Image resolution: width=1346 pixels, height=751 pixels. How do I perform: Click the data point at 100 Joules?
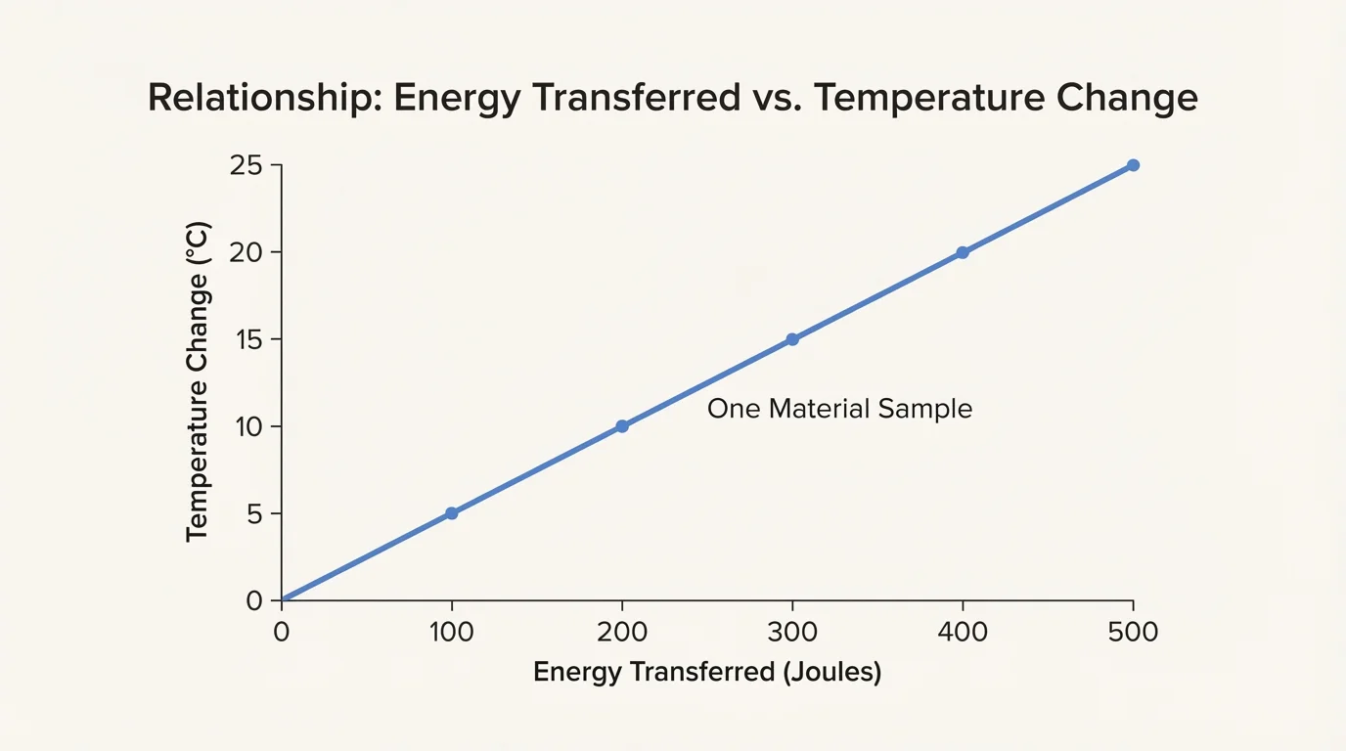[451, 513]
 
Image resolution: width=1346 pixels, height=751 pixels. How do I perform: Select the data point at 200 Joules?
[622, 426]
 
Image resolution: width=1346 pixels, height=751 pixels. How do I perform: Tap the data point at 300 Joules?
[792, 339]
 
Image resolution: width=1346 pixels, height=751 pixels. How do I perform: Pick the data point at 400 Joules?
[963, 252]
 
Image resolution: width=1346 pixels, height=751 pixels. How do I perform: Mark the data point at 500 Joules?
[1133, 165]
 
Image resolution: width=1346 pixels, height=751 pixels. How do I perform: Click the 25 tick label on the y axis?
[246, 165]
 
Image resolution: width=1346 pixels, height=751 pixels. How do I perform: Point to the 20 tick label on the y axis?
[246, 252]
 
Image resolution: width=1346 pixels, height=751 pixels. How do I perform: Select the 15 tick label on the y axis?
[247, 339]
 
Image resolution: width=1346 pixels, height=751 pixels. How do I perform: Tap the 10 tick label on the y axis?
[247, 426]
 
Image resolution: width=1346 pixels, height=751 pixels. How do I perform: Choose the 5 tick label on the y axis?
[254, 513]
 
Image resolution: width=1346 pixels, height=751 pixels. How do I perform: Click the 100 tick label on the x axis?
[451, 633]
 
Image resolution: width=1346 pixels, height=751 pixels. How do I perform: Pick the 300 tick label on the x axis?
[792, 633]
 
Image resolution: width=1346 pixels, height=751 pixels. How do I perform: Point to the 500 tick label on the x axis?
[1133, 633]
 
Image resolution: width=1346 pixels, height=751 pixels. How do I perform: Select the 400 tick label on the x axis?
[963, 633]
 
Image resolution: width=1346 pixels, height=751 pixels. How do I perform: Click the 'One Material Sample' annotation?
[839, 409]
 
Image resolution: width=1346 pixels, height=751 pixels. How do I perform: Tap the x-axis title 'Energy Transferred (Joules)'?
[707, 674]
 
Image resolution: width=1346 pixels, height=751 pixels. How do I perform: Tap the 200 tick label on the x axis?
[622, 633]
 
